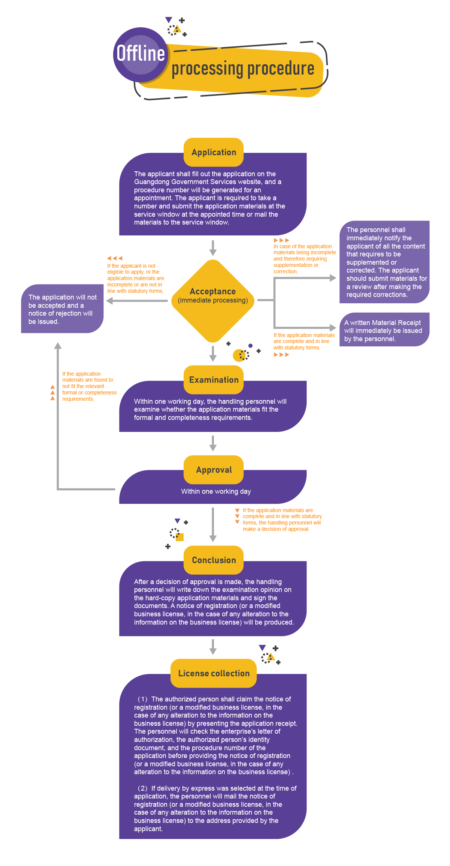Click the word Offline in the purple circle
point(141,53)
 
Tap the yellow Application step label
point(214,152)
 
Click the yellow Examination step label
point(214,380)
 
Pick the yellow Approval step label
point(214,470)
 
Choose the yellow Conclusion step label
point(214,560)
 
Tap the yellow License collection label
point(214,673)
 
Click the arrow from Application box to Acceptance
point(213,248)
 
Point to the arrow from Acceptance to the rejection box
point(137,301)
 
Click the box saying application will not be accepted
point(62,309)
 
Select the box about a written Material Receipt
point(384,330)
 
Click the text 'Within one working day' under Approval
point(216,491)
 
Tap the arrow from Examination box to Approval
point(213,443)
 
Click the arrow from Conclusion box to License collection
point(213,647)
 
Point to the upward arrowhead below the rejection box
point(58,346)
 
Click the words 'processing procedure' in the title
point(243,69)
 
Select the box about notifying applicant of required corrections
point(384,262)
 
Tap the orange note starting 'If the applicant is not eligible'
point(135,278)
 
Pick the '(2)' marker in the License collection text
point(142,788)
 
